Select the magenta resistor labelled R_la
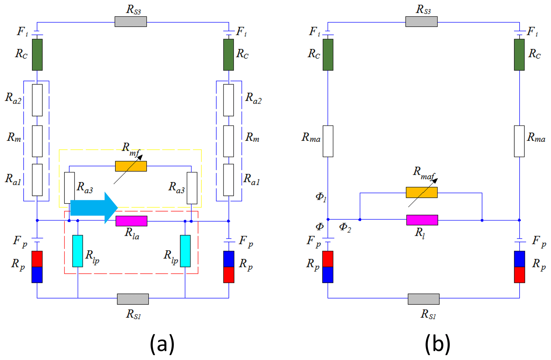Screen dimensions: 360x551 pos(131,221)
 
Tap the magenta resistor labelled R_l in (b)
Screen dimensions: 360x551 pos(422,220)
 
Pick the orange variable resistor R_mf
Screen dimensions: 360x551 pos(131,166)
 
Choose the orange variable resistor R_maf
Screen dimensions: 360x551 pos(421,192)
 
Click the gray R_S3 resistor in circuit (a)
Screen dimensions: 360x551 pos(131,22)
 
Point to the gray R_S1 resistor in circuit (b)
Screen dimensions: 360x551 pos(423,299)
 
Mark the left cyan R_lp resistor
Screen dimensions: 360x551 pos(78,251)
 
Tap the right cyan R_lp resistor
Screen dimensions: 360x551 pos(185,251)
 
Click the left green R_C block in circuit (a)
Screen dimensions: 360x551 pos(37,55)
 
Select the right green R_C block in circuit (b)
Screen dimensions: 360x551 pos(519,55)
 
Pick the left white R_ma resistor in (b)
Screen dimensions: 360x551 pos(328,141)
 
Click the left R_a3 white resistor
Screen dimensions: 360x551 pos(69,188)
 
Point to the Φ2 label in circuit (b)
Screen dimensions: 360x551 pos(345,227)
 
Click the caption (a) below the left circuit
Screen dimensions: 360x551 pos(162,344)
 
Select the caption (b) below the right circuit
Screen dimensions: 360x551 pos(437,344)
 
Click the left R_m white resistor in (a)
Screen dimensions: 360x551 pos(37,141)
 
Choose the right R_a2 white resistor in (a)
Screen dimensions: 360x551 pos(228,100)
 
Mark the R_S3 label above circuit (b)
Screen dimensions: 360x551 pos(423,10)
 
